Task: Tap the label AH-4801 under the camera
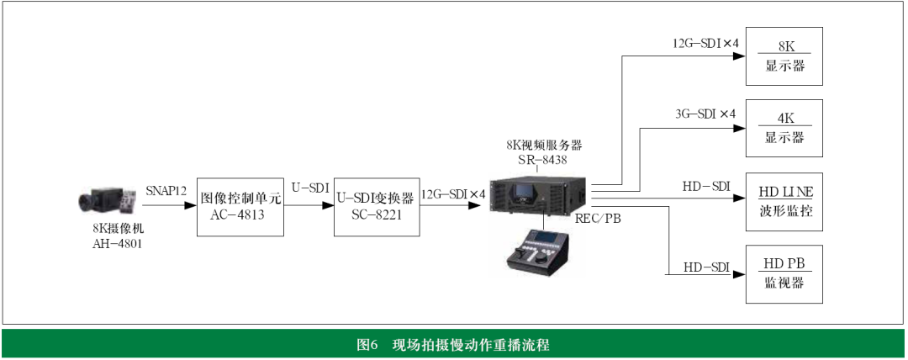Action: [x=117, y=244]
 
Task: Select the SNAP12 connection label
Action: [x=166, y=190]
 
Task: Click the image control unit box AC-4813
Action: [x=240, y=206]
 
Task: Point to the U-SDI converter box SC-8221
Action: [x=377, y=206]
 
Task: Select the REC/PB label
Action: [x=599, y=220]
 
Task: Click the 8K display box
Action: [x=783, y=56]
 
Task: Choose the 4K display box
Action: [x=783, y=129]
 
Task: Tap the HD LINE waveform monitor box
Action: [x=783, y=201]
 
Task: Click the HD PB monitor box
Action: [x=783, y=274]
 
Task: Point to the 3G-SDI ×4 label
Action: [x=705, y=114]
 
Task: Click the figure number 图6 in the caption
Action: [x=367, y=345]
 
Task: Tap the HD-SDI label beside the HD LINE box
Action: [x=706, y=187]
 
